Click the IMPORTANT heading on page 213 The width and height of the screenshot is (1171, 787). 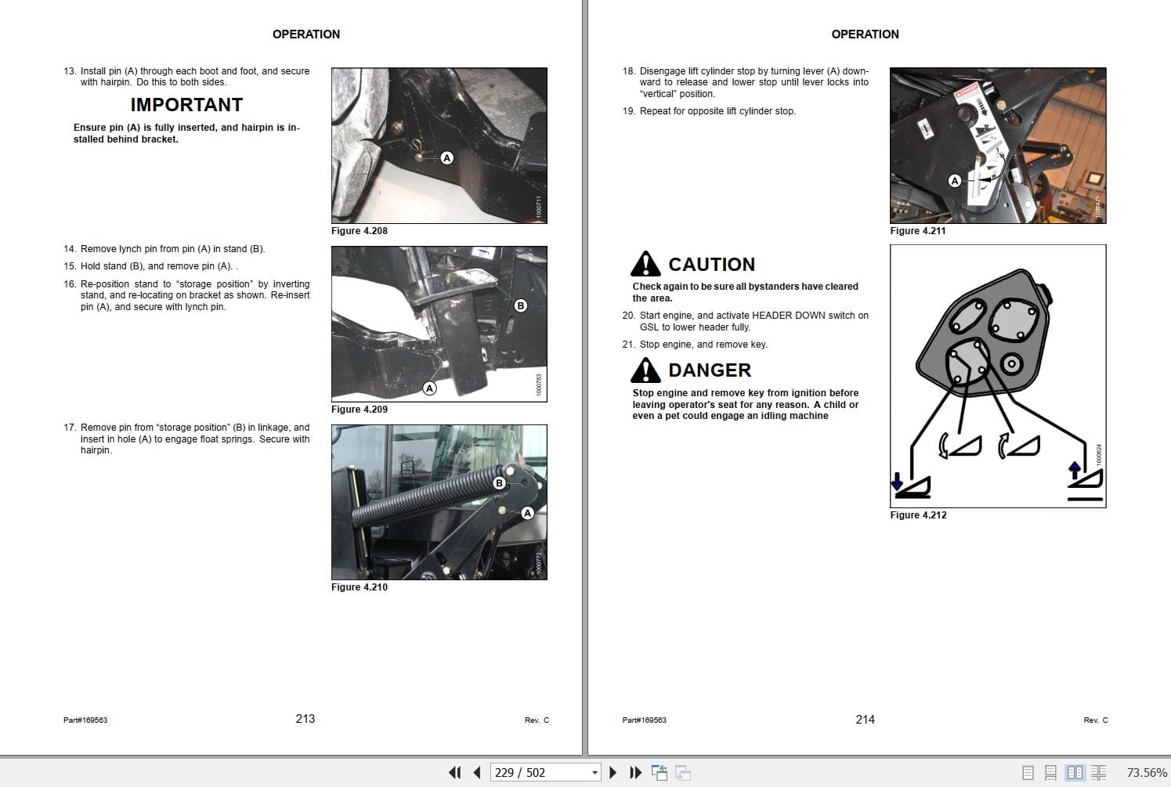pyautogui.click(x=186, y=105)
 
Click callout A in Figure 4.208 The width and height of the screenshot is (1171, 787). pyautogui.click(x=446, y=158)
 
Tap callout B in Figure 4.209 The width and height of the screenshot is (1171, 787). pyautogui.click(x=521, y=305)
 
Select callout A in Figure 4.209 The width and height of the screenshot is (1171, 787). pyautogui.click(x=429, y=388)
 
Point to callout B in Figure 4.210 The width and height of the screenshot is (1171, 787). pyautogui.click(x=499, y=483)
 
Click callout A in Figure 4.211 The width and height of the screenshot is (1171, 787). pyautogui.click(x=954, y=181)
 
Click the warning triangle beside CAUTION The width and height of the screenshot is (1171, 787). pyautogui.click(x=645, y=265)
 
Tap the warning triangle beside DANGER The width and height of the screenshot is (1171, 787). pyautogui.click(x=645, y=370)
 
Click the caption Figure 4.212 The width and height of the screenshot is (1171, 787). pyautogui.click(x=918, y=515)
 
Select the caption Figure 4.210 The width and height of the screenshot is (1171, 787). pyautogui.click(x=359, y=587)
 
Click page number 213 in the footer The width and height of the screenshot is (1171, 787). pyautogui.click(x=305, y=719)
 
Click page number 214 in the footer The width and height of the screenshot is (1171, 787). pyautogui.click(x=865, y=720)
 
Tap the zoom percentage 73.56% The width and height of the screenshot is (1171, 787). pyautogui.click(x=1146, y=773)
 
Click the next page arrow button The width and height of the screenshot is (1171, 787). pyautogui.click(x=613, y=773)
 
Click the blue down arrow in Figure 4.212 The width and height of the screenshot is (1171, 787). pyautogui.click(x=897, y=481)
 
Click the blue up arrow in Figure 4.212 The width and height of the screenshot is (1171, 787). pyautogui.click(x=1075, y=469)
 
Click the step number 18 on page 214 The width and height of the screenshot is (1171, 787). pyautogui.click(x=628, y=71)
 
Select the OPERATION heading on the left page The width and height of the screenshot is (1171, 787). pyautogui.click(x=305, y=34)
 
